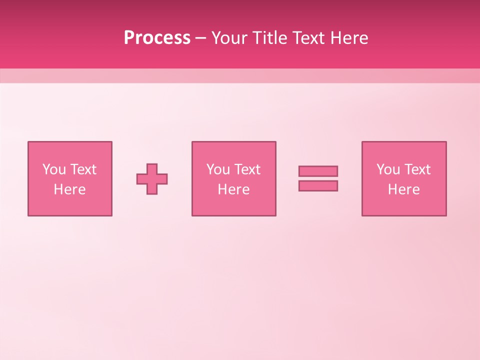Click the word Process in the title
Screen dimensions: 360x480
(157, 38)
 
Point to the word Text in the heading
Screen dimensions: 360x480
(308, 38)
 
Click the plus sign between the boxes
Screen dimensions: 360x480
(152, 179)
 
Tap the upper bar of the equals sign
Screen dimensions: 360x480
(318, 171)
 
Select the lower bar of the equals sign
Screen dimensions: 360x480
(318, 186)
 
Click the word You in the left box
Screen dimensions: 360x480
(54, 169)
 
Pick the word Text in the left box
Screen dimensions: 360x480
(82, 169)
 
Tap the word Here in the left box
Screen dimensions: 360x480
(69, 189)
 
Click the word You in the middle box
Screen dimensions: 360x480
(218, 169)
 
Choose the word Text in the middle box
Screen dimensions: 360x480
(246, 169)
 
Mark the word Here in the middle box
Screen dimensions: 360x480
(233, 189)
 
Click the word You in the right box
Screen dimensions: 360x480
(388, 169)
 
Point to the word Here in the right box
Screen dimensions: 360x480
(403, 189)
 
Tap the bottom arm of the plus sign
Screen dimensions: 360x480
(152, 189)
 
